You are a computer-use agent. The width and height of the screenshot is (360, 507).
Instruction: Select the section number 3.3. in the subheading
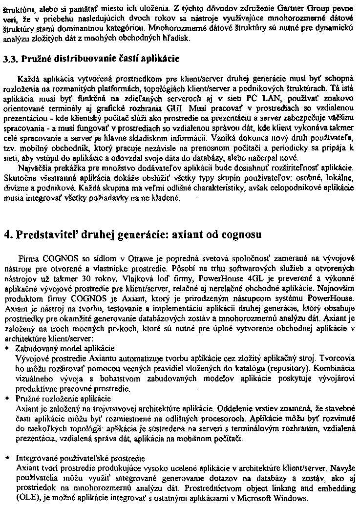pyautogui.click(x=10, y=60)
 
